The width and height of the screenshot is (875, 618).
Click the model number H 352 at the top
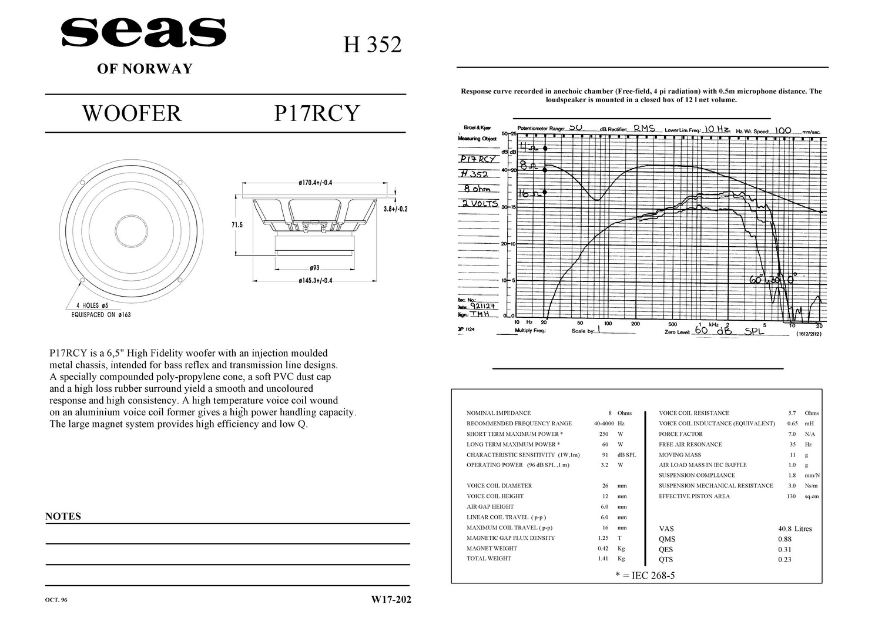[372, 45]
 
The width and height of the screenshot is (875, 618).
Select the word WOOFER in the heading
[132, 113]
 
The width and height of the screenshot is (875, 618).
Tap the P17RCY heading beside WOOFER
[316, 113]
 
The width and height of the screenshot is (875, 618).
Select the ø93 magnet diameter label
[314, 268]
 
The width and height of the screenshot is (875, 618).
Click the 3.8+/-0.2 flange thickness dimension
[395, 209]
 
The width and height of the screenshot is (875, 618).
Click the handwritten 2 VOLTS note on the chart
[480, 204]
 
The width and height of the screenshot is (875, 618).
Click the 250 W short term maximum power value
[609, 434]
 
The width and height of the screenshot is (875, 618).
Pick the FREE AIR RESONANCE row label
[690, 444]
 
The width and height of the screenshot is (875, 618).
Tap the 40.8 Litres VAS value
[794, 529]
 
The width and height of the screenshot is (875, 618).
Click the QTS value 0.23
[785, 559]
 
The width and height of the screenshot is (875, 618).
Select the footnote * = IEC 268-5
[645, 575]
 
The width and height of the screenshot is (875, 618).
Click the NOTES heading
[63, 516]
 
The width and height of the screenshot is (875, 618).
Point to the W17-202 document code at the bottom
[391, 600]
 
